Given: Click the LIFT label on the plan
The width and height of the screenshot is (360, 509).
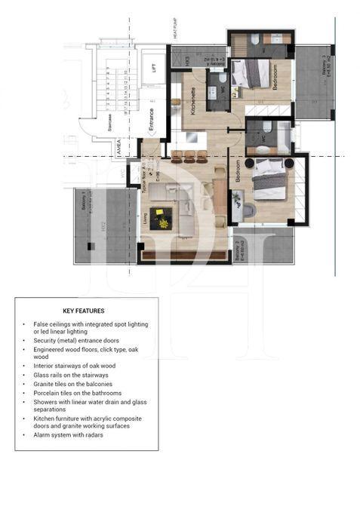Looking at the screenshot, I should coord(154,67).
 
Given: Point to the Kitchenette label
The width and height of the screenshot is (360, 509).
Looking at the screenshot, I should coord(193,100).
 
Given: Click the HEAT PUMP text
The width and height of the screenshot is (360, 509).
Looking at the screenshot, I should coord(174,30).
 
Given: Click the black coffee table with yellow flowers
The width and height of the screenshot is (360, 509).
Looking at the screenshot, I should coord(161,219).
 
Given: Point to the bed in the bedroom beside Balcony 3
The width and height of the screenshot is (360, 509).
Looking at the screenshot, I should coord(252,74).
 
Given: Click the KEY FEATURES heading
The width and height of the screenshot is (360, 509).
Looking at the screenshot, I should coord(84,311).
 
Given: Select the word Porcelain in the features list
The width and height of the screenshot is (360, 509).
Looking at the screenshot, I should coord(48,393).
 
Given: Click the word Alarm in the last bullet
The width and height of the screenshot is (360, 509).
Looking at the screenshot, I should coord(42,435).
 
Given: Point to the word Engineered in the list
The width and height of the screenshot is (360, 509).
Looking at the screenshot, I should coord(51,350).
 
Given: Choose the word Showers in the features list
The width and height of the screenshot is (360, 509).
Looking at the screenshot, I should coord(46,402).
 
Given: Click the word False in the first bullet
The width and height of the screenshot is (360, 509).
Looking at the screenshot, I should coord(41,323).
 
